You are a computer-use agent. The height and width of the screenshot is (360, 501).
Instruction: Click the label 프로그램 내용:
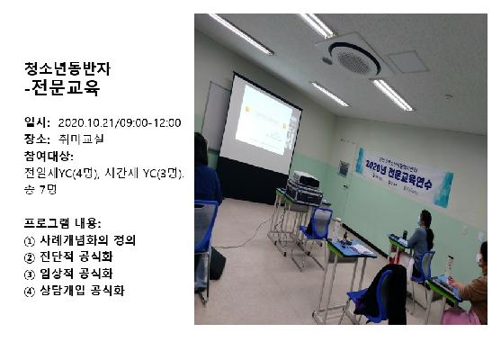[x=63, y=222]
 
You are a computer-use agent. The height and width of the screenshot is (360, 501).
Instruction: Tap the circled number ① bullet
[x=31, y=240]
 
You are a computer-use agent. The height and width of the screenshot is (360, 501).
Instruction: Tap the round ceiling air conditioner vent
[x=354, y=58]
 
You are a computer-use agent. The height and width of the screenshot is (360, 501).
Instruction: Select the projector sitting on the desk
[x=304, y=187]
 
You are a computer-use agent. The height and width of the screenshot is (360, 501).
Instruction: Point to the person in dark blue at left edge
[x=205, y=171]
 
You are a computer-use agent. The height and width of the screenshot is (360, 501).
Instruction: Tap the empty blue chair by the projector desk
[x=316, y=225]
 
